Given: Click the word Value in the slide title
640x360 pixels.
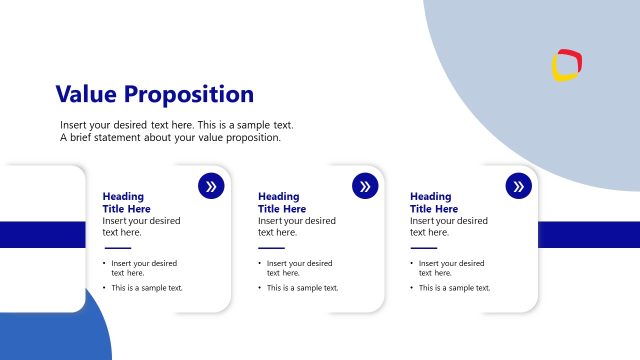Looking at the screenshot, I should click(x=85, y=95).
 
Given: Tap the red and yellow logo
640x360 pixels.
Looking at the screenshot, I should click(x=567, y=65).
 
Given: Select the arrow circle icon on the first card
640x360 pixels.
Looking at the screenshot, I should click(x=211, y=186).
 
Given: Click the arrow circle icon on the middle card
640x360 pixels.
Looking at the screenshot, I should click(x=365, y=186).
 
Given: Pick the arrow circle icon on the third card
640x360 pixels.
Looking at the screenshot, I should click(x=518, y=186).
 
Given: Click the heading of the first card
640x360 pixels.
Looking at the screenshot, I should click(x=124, y=203).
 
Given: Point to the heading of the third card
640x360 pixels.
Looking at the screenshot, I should click(x=431, y=203).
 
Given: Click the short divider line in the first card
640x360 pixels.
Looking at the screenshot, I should click(x=118, y=248).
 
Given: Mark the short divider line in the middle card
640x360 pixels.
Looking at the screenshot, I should click(x=271, y=248).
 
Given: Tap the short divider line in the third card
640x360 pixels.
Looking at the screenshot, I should click(x=424, y=248).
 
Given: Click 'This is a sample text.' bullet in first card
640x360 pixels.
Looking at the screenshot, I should click(x=147, y=288).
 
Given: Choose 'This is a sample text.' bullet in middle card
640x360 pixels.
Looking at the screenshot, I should click(x=302, y=288).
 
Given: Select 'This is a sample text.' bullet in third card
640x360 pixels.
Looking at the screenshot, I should click(x=454, y=288).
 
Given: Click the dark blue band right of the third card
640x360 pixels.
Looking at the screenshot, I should click(x=588, y=234).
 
